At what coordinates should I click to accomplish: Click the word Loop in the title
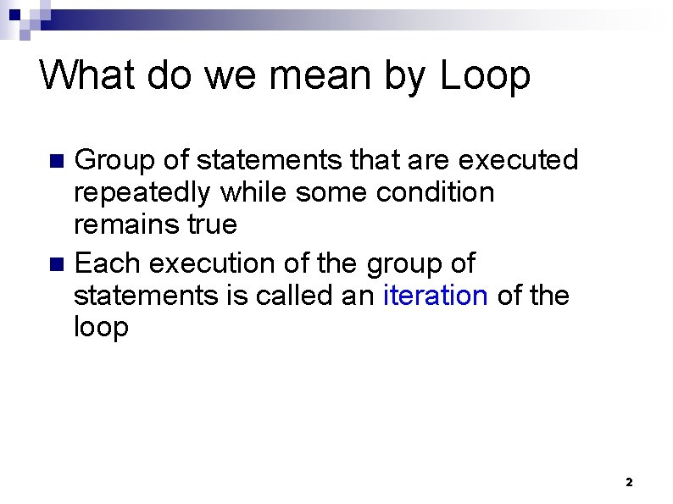(486, 75)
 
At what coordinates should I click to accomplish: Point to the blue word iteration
(436, 296)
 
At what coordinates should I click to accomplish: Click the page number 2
(628, 482)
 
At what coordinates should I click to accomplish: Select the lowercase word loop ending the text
(101, 328)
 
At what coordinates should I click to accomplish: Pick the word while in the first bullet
(253, 191)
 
